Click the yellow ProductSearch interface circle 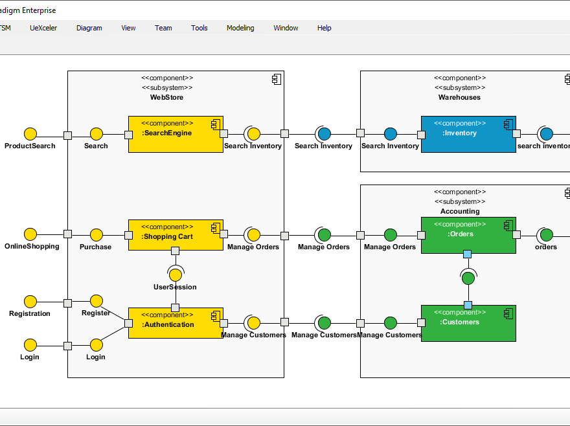(x=30, y=134)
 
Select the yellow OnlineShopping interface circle (x=30, y=234)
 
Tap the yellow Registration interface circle (x=30, y=302)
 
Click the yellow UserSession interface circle (x=175, y=275)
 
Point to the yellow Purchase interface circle (x=97, y=234)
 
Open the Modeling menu (x=240, y=28)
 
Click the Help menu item (x=324, y=28)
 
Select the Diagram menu (x=89, y=28)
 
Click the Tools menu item (x=199, y=28)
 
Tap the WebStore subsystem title (x=166, y=97)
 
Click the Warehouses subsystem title (x=459, y=97)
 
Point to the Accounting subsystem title (x=460, y=211)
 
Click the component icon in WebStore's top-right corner (x=276, y=79)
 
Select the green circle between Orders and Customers (x=468, y=278)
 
